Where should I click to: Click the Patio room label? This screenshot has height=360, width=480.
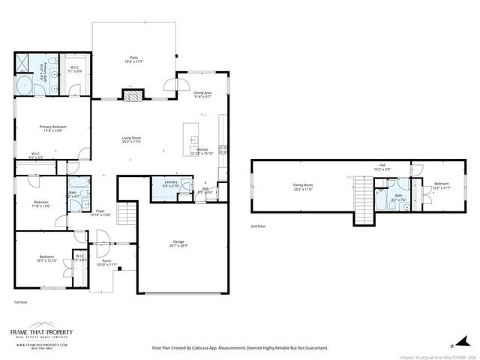tap(133, 60)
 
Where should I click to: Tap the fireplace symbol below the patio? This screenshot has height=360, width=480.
tap(133, 95)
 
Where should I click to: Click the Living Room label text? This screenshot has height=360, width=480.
tap(132, 139)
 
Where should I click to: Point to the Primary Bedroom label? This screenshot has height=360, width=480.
tap(52, 129)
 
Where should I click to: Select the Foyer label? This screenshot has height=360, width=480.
tap(100, 214)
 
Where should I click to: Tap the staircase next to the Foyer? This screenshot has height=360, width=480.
tap(127, 212)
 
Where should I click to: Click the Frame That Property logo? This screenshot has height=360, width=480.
tap(41, 334)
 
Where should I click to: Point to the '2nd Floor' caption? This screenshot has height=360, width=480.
tap(258, 226)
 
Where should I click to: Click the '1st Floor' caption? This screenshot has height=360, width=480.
tap(20, 301)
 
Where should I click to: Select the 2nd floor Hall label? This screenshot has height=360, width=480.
tap(382, 167)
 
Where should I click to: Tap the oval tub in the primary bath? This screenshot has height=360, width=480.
tap(24, 85)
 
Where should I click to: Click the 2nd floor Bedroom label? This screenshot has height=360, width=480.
tap(440, 186)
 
